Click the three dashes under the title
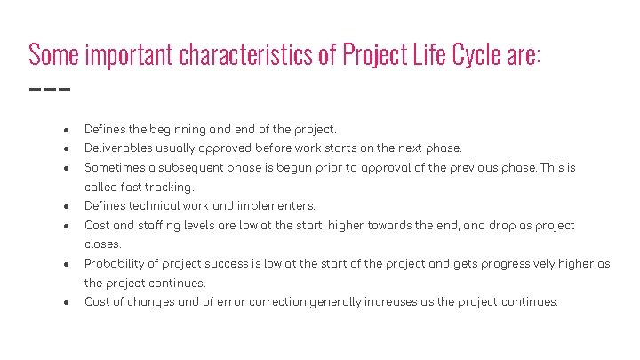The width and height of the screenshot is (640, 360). click(x=49, y=89)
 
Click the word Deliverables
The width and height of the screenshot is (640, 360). click(x=120, y=148)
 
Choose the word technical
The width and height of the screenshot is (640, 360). click(x=160, y=206)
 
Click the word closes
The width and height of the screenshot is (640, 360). click(x=102, y=244)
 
